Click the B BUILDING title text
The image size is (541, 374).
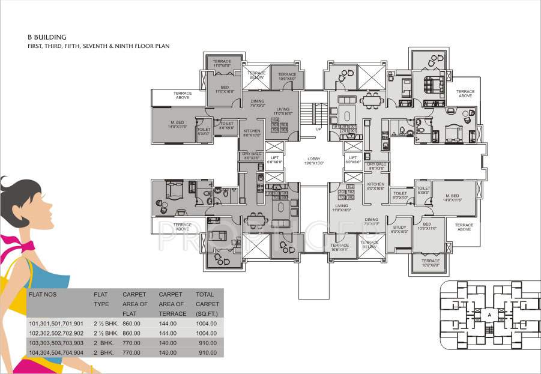tap(47, 37)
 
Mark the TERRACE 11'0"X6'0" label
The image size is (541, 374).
tap(222, 64)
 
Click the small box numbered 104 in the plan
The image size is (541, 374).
tap(274, 120)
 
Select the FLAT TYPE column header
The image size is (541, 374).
tap(101, 299)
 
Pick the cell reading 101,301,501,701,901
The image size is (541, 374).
tap(56, 324)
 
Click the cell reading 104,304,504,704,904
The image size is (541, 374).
tap(56, 352)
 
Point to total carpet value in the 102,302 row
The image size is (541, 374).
tap(205, 333)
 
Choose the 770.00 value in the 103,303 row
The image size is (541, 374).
tap(131, 343)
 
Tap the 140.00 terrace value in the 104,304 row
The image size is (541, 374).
tap(167, 352)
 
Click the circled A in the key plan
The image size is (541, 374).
tap(489, 314)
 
